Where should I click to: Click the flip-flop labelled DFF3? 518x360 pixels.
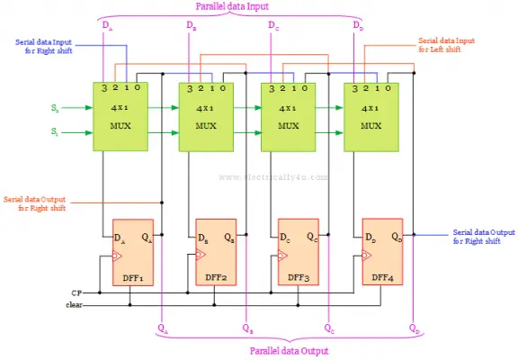(298, 252)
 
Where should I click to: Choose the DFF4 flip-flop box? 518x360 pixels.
(382, 252)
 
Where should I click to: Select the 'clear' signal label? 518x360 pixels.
(74, 304)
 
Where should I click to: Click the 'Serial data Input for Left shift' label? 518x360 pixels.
(451, 44)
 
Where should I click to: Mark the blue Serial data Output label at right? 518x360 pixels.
(484, 236)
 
